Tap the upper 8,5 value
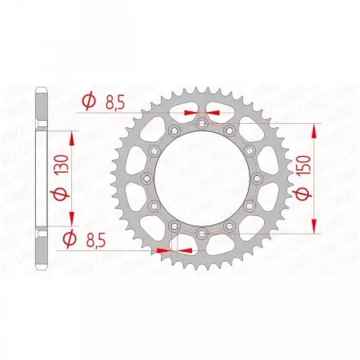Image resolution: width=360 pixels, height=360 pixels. tap(113, 102)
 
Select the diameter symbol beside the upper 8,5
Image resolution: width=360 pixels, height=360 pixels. tap(88, 102)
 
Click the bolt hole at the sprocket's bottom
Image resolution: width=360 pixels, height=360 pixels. tap(201, 231)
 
